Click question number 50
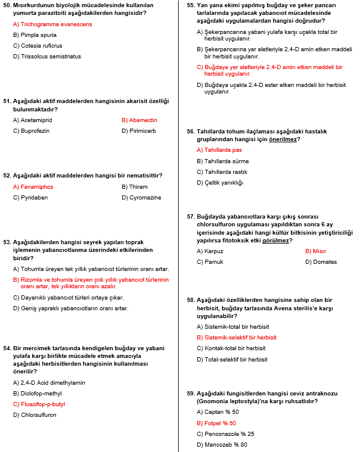tap(7, 4)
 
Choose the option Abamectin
tap(142, 120)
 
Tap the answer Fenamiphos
tap(36, 187)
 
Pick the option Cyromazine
tap(145, 198)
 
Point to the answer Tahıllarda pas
tap(222, 150)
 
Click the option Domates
tap(321, 262)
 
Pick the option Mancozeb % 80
tap(225, 445)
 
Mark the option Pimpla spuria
tap(38, 35)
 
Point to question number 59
tap(191, 394)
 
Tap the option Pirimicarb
tap(142, 131)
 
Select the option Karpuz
tap(213, 251)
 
